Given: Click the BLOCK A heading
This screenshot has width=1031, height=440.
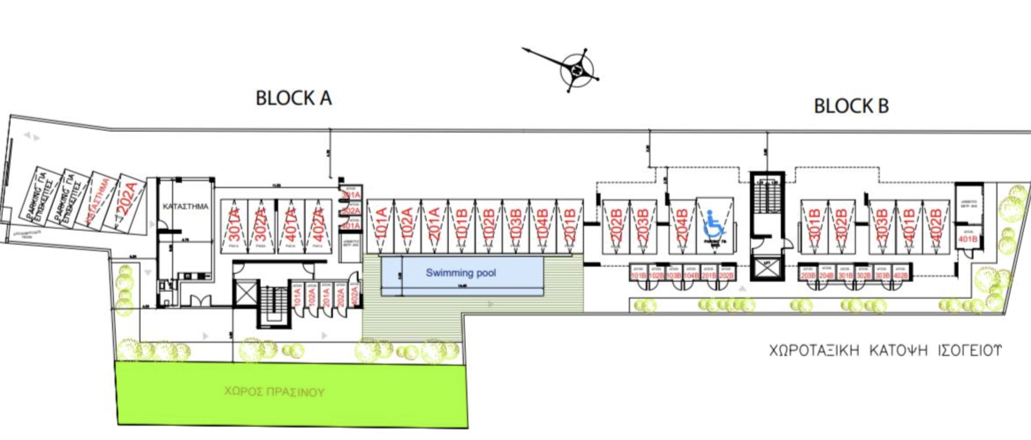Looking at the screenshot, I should tap(294, 98).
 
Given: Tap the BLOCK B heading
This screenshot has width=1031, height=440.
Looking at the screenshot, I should tap(851, 106).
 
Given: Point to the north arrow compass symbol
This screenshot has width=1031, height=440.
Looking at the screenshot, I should tap(576, 70).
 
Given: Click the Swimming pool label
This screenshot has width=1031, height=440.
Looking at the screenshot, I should tap(461, 273).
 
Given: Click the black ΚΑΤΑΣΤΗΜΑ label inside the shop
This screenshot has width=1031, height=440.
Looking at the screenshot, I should tap(185, 206).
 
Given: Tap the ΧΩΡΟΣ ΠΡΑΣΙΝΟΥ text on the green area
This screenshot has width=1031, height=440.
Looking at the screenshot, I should tap(274, 392).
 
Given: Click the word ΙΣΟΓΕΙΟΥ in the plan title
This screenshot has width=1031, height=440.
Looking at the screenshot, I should tap(970, 350).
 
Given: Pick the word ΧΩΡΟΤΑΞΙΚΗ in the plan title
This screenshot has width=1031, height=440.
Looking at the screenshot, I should tap(814, 350).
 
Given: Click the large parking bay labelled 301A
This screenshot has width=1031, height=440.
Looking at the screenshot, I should tap(235, 226).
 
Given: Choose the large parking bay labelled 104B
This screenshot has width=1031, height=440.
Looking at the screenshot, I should tap(543, 226).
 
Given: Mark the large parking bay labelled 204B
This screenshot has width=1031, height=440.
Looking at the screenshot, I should tap(682, 226).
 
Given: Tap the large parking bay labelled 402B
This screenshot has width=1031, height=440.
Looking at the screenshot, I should tap(936, 226).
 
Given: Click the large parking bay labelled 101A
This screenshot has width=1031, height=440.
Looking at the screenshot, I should tap(381, 226).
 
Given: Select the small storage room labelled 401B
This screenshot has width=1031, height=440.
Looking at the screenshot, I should tap(968, 239).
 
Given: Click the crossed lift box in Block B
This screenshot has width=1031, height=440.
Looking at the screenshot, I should tap(767, 269).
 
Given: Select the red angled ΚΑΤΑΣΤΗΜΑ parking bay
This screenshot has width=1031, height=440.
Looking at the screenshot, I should tap(99, 201).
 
